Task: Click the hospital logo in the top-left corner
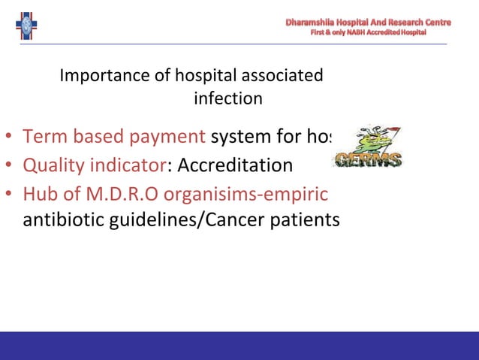(x=26, y=25)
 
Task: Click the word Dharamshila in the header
(x=315, y=23)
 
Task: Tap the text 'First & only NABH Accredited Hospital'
(x=368, y=33)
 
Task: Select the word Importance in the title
(x=96, y=76)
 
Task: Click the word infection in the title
(x=228, y=98)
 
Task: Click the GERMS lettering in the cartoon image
(x=369, y=160)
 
